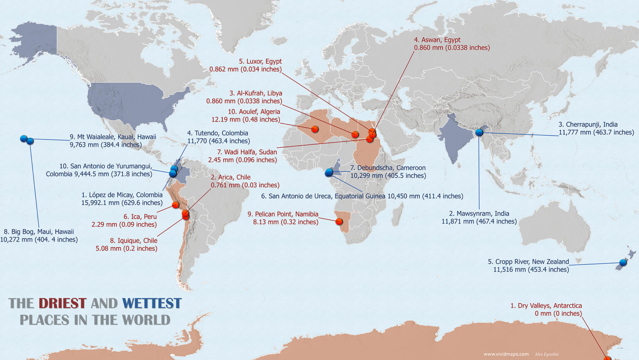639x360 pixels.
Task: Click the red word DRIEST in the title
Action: pos(62,303)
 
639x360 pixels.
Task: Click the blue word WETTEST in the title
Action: pos(152,303)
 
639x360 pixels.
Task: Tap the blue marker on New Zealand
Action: pos(623,263)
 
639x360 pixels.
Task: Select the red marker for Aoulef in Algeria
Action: pos(315,129)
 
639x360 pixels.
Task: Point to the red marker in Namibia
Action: pos(339,221)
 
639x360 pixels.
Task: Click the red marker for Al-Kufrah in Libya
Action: pos(355,134)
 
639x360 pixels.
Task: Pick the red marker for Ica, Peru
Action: pos(176,205)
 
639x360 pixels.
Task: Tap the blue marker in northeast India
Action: pos(479,132)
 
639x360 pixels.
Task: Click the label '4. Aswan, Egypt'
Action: pos(437,40)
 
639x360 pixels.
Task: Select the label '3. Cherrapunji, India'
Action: pos(588,124)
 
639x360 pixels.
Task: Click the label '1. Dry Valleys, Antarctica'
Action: pos(546,305)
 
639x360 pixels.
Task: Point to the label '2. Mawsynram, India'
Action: pos(479,214)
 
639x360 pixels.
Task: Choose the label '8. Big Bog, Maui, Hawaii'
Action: pos(39,232)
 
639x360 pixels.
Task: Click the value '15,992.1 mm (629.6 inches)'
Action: pos(122,203)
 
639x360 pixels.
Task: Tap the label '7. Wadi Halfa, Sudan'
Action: pos(247,152)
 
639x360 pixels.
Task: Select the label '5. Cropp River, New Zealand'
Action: pos(528,262)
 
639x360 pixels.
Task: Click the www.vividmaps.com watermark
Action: pos(506,354)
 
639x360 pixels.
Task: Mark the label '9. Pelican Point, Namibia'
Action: pos(283,214)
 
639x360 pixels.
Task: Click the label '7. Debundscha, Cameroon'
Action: pos(388,168)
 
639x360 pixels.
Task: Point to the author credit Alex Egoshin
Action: pos(547,354)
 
